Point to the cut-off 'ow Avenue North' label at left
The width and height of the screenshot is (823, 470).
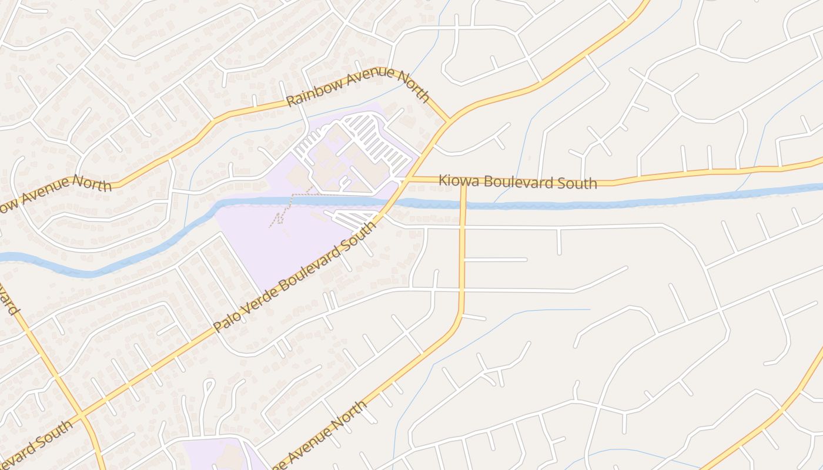click(56, 192)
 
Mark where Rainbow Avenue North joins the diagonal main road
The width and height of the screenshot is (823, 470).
click(449, 120)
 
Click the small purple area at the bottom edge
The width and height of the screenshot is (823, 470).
click(218, 455)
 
